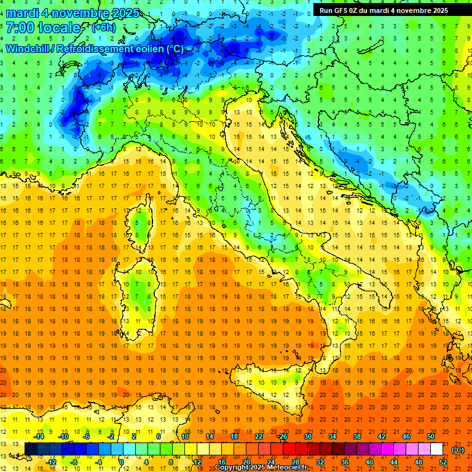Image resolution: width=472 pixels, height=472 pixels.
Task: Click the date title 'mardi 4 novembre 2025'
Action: coord(73,13)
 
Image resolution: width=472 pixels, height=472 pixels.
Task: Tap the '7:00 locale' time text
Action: coord(43,28)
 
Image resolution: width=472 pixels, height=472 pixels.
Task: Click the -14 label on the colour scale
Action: coord(38,436)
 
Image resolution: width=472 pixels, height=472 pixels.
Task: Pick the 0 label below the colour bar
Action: coord(122,462)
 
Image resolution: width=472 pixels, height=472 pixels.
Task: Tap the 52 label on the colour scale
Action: coord(443,462)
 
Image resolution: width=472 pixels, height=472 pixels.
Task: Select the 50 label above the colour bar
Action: coord(431,436)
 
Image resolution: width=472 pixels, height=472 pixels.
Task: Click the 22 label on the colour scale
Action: coord(259,436)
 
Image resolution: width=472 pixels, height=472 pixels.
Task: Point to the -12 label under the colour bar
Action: coord(50,462)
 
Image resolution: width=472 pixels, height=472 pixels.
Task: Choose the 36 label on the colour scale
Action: coord(345,462)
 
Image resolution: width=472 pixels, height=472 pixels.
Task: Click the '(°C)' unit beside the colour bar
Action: coord(458,449)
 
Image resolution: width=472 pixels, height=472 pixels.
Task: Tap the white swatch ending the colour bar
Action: coord(437,449)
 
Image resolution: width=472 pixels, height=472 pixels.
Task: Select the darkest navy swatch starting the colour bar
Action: coord(31,449)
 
